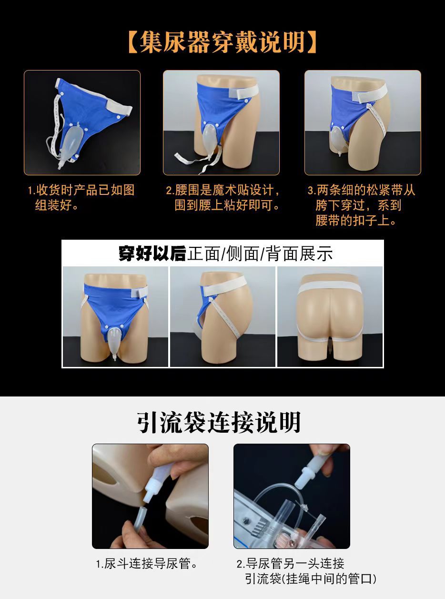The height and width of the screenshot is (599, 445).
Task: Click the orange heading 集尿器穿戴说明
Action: click(222, 42)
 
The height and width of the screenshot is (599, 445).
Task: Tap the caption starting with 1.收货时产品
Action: click(81, 198)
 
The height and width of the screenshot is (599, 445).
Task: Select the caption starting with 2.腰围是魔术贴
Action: click(222, 198)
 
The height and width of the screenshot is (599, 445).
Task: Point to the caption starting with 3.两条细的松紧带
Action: click(362, 205)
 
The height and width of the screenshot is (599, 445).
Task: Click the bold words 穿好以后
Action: click(152, 254)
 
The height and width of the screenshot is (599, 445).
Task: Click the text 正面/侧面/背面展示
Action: click(260, 254)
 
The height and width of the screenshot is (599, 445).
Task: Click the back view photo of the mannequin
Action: click(330, 316)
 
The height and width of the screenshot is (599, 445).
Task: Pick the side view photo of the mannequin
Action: click(222, 316)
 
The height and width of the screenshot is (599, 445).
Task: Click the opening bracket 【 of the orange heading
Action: click(133, 42)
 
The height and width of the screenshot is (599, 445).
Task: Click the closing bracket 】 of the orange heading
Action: click(312, 42)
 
